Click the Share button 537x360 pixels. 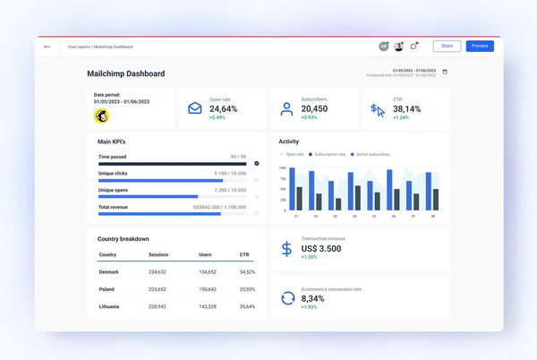coord(447,46)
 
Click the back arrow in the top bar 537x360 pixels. coord(47,47)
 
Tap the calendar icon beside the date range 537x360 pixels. coord(445,73)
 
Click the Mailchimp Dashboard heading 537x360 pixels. coord(125,73)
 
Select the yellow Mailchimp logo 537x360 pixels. coord(102,116)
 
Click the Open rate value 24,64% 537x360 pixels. coord(223,108)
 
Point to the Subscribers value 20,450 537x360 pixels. coord(314,108)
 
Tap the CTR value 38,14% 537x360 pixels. coord(407,108)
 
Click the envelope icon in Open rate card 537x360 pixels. coord(195,108)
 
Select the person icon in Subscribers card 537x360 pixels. coord(286,109)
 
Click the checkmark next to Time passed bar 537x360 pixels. coord(257,164)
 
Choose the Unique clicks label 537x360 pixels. coord(113,173)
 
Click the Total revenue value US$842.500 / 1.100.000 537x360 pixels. coord(219,207)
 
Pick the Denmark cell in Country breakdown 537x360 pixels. coord(108,271)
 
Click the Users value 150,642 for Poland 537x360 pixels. coord(208,289)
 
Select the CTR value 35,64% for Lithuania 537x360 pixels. coord(247,306)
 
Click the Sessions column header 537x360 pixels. coord(158,254)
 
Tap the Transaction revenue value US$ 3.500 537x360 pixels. coord(320,248)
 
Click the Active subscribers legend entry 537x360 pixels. coord(372,154)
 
